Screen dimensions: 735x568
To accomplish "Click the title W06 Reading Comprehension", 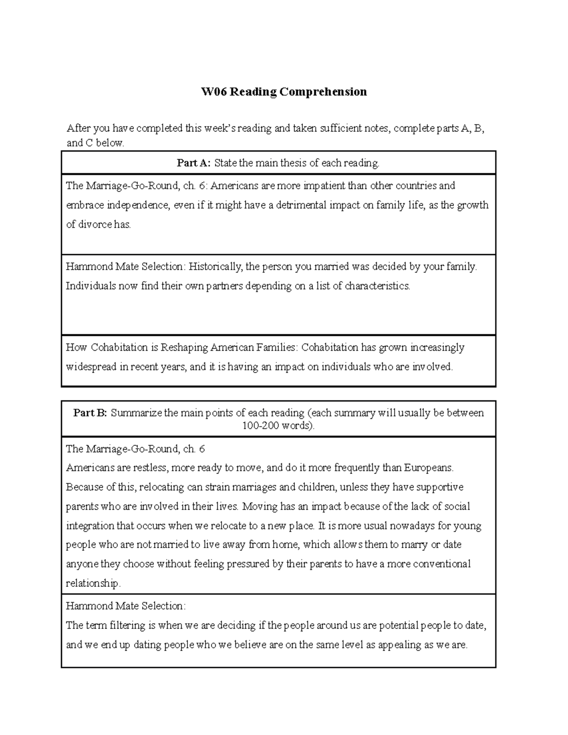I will click(284, 91).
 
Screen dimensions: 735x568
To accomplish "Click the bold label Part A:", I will click(193, 163).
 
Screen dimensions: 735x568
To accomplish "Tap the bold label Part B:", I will click(90, 413).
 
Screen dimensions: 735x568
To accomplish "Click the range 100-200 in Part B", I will click(260, 425).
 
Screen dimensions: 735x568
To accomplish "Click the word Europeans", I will click(428, 468).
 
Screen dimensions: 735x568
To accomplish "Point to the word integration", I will click(90, 526).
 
